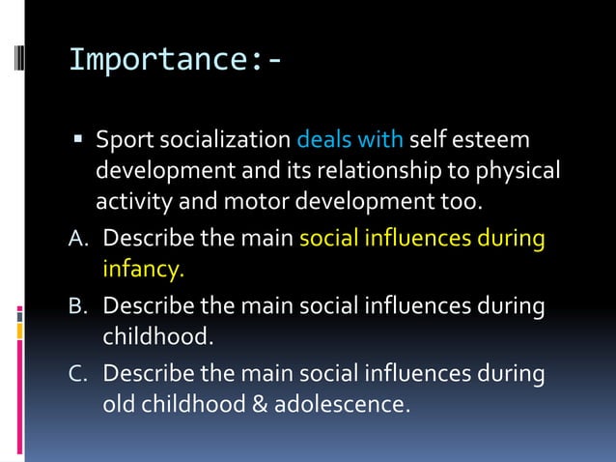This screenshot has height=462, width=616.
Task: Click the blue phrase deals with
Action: pos(350,141)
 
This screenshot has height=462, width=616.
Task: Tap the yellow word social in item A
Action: pos(327,238)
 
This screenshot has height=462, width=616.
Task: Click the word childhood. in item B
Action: pos(156,337)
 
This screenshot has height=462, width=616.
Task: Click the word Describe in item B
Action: pos(147,307)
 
